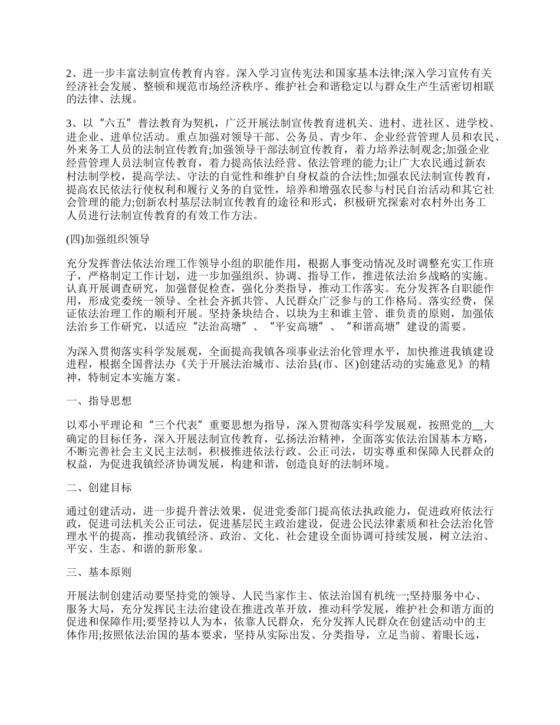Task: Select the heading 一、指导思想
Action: click(98, 401)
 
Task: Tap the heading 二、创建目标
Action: click(98, 487)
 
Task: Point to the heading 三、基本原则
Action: click(98, 572)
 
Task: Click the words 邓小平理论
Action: click(102, 423)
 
